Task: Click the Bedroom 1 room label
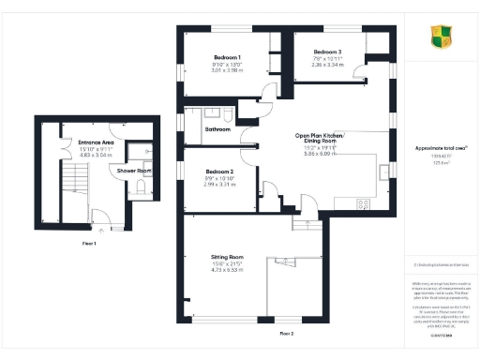(x=227, y=58)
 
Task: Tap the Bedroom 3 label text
(x=327, y=51)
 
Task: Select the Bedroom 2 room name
(x=219, y=171)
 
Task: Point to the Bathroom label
(x=217, y=128)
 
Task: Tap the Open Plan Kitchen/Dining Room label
(x=320, y=139)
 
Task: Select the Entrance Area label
(x=82, y=142)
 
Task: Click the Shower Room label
(x=134, y=171)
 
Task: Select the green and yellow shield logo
(x=440, y=37)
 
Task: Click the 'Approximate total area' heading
(x=440, y=148)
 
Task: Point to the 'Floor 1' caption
(x=91, y=243)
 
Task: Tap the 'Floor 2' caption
(x=286, y=333)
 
